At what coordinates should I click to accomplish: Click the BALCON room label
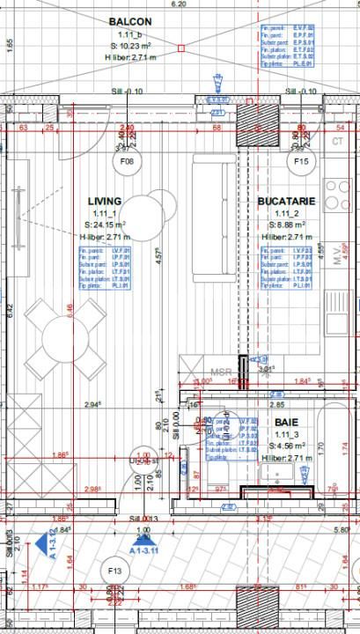pyautogui.click(x=129, y=21)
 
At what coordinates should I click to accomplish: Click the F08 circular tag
pyautogui.click(x=129, y=162)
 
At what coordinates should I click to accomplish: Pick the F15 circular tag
pyautogui.click(x=304, y=162)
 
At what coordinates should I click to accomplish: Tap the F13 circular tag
pyautogui.click(x=114, y=570)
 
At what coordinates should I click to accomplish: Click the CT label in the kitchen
pyautogui.click(x=338, y=141)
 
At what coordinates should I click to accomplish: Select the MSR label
pyautogui.click(x=222, y=372)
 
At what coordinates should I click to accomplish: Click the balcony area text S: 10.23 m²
pyautogui.click(x=129, y=46)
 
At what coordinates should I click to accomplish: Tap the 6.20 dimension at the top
pyautogui.click(x=180, y=4)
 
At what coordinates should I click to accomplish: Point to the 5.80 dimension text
pyautogui.click(x=342, y=529)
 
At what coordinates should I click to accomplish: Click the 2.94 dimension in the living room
pyautogui.click(x=92, y=405)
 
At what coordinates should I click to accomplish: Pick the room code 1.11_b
pyautogui.click(x=129, y=33)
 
